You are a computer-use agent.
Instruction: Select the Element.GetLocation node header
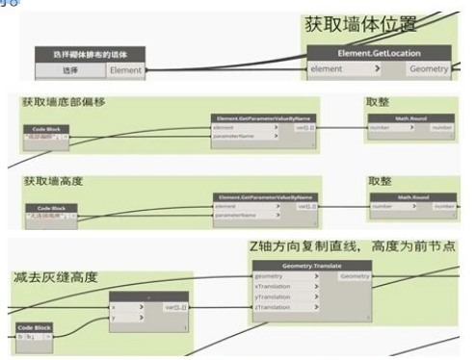coord(377,54)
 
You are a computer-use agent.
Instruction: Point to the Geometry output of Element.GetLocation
coord(430,70)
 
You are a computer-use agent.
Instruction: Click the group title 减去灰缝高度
coord(56,277)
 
